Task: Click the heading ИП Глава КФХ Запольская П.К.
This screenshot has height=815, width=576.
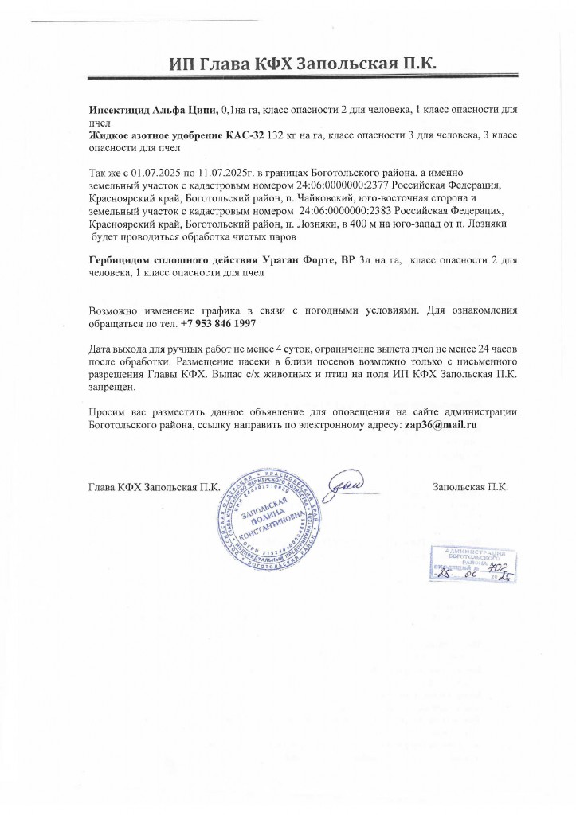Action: pyautogui.click(x=304, y=64)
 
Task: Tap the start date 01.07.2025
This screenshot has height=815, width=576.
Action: pyautogui.click(x=160, y=173)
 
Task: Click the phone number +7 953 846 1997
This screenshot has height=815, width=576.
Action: pyautogui.click(x=218, y=325)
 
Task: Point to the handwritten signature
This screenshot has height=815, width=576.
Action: pyautogui.click(x=348, y=484)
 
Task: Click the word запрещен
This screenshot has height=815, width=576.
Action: pyautogui.click(x=112, y=388)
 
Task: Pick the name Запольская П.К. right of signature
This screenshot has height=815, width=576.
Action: pyautogui.click(x=470, y=486)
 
